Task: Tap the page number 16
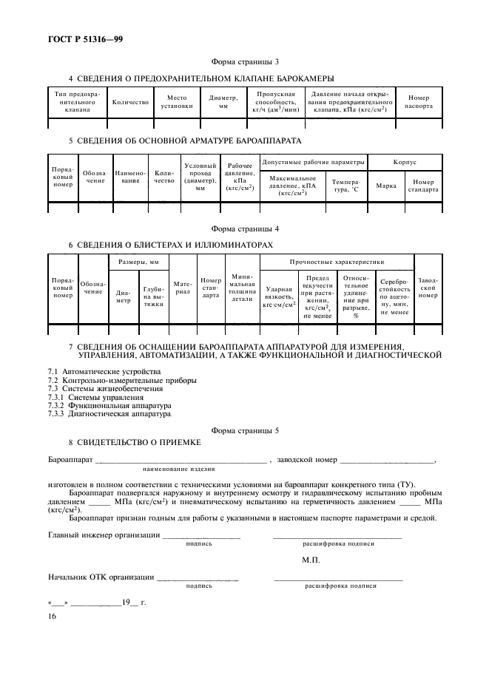(x=52, y=616)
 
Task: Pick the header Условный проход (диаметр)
(x=200, y=177)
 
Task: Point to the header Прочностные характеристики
(x=337, y=262)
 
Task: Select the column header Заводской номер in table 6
(x=428, y=289)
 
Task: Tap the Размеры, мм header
(x=138, y=262)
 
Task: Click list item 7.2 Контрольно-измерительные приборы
(x=122, y=380)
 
